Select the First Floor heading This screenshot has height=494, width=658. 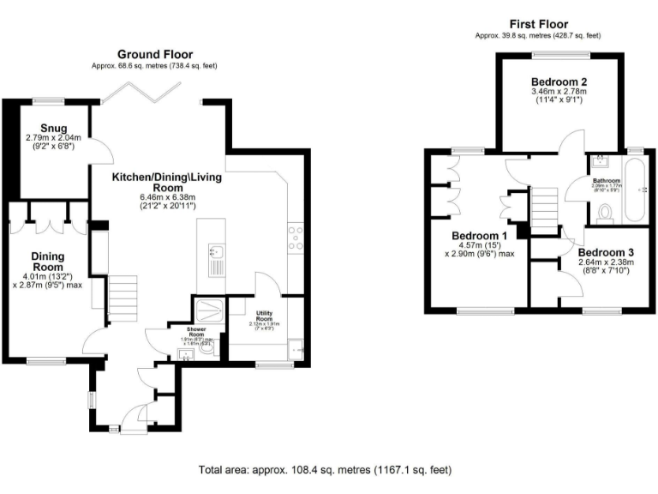538,24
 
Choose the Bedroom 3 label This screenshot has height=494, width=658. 605,252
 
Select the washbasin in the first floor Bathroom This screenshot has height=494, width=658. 601,162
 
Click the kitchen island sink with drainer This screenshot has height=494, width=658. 216,257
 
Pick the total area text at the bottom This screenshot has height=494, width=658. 325,469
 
